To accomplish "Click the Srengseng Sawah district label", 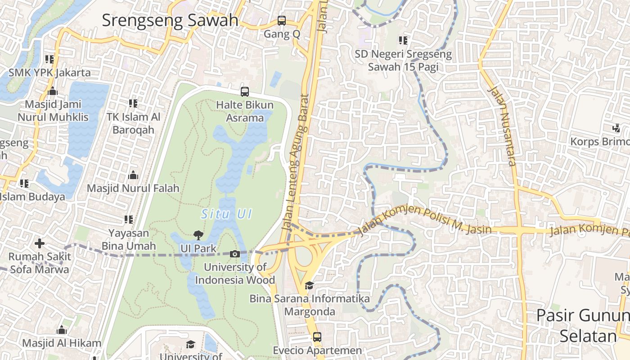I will click(170, 20).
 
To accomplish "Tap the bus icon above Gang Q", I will click(282, 20).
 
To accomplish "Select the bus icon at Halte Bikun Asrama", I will click(245, 91).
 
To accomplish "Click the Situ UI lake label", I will click(226, 214).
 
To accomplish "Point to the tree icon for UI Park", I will click(198, 235).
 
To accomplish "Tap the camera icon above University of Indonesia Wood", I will click(234, 254).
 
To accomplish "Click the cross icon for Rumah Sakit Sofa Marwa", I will click(40, 243).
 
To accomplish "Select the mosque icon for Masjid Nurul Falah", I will click(133, 175).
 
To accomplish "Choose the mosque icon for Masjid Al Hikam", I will click(62, 330).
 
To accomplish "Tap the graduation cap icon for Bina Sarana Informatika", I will click(309, 285).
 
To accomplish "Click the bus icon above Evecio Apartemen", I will click(317, 337).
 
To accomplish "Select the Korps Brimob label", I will click(599, 142).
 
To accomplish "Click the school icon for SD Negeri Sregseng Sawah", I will click(403, 40).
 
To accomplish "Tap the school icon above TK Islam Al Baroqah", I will click(133, 103).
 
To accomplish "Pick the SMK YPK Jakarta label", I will click(49, 72).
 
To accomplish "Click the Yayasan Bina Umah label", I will click(129, 239).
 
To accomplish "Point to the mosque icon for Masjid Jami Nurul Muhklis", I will click(53, 91).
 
